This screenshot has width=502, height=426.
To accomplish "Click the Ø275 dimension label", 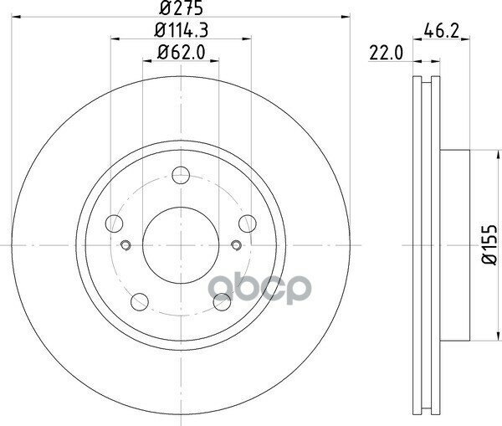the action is coord(182,8).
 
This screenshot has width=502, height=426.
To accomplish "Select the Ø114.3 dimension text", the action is coord(182,30).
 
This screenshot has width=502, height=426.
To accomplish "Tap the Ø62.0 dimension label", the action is coord(182,52).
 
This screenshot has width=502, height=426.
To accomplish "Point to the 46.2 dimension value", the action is coord(442,31).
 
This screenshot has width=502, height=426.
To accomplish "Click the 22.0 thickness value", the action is coord(386,53).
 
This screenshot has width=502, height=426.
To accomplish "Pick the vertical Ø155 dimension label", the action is coord(489,244).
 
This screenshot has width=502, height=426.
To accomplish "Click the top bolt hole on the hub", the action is coord(181,175).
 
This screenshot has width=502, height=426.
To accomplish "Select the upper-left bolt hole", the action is coord(115,223).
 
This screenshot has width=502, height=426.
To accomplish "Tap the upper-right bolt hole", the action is coord(248,223).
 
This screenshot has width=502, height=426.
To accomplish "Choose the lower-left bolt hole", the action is coord(140,302).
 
